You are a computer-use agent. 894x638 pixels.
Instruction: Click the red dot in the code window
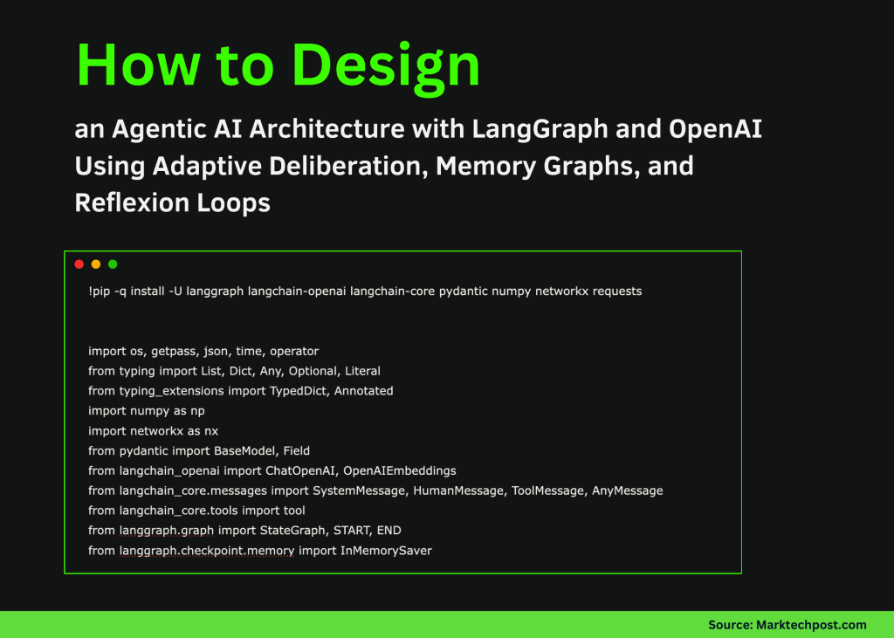tap(79, 264)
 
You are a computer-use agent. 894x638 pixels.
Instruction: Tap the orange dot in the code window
tap(96, 264)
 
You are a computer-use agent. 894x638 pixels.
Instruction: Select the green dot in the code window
tap(113, 264)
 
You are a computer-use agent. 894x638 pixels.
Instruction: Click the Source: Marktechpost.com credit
tap(787, 624)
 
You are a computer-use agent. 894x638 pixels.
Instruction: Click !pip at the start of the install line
tap(100, 291)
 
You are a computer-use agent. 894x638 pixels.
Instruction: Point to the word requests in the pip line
tap(616, 291)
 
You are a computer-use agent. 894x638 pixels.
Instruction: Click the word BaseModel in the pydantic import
tap(244, 450)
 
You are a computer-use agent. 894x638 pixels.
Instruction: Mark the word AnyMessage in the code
tap(627, 491)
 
